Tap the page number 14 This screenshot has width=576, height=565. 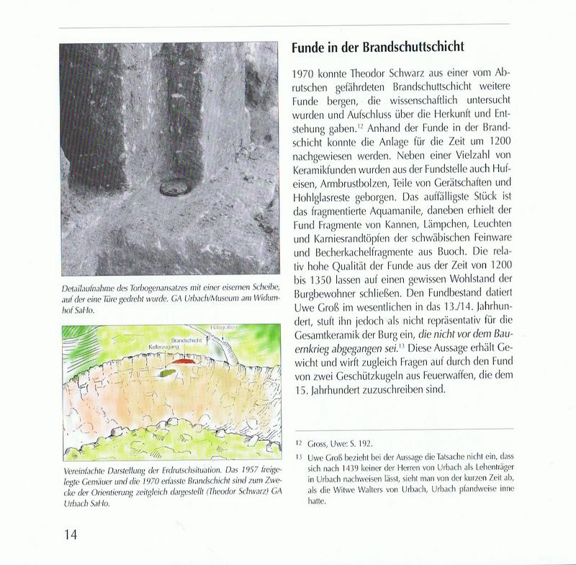[x=71, y=534]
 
